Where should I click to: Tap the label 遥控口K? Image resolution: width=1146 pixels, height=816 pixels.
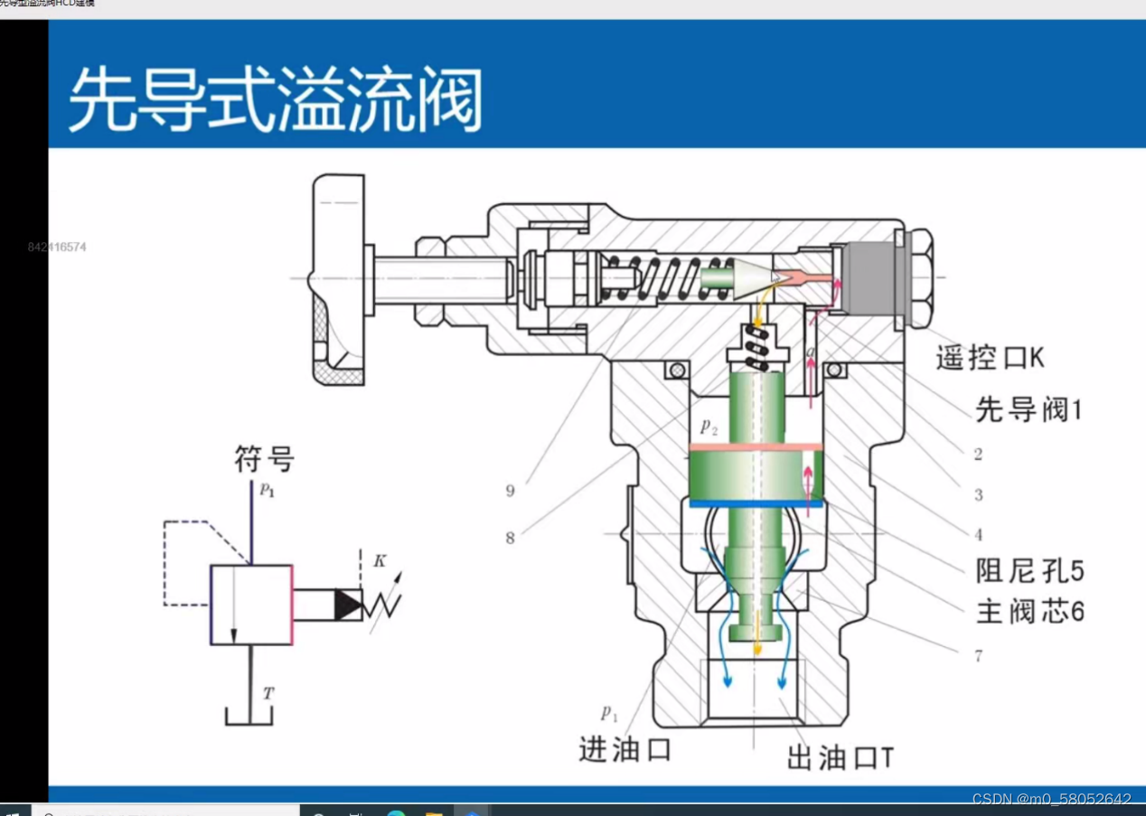pyautogui.click(x=990, y=358)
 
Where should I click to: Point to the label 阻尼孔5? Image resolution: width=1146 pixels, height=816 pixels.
pyautogui.click(x=1029, y=571)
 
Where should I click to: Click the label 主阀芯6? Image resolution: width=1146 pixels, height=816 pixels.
pyautogui.click(x=1029, y=612)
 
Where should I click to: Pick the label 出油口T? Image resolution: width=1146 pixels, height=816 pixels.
pyautogui.click(x=840, y=758)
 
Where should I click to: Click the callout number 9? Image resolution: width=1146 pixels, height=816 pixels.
pyautogui.click(x=510, y=492)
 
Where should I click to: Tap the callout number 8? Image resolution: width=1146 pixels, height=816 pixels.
pyautogui.click(x=510, y=539)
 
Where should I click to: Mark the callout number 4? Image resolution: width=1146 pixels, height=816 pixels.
pyautogui.click(x=978, y=536)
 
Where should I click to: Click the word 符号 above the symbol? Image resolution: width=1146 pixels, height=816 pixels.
pyautogui.click(x=264, y=460)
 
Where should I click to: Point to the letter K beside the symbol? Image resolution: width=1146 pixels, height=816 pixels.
pyautogui.click(x=380, y=561)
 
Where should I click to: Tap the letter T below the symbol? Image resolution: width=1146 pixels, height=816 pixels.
pyautogui.click(x=268, y=694)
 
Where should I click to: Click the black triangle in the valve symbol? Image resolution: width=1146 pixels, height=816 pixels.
pyautogui.click(x=347, y=605)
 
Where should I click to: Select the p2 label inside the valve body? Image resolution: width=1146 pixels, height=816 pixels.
pyautogui.click(x=708, y=427)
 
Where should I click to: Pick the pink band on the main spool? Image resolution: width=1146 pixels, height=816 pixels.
pyautogui.click(x=756, y=446)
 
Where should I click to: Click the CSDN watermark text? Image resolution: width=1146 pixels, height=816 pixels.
pyautogui.click(x=1051, y=800)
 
